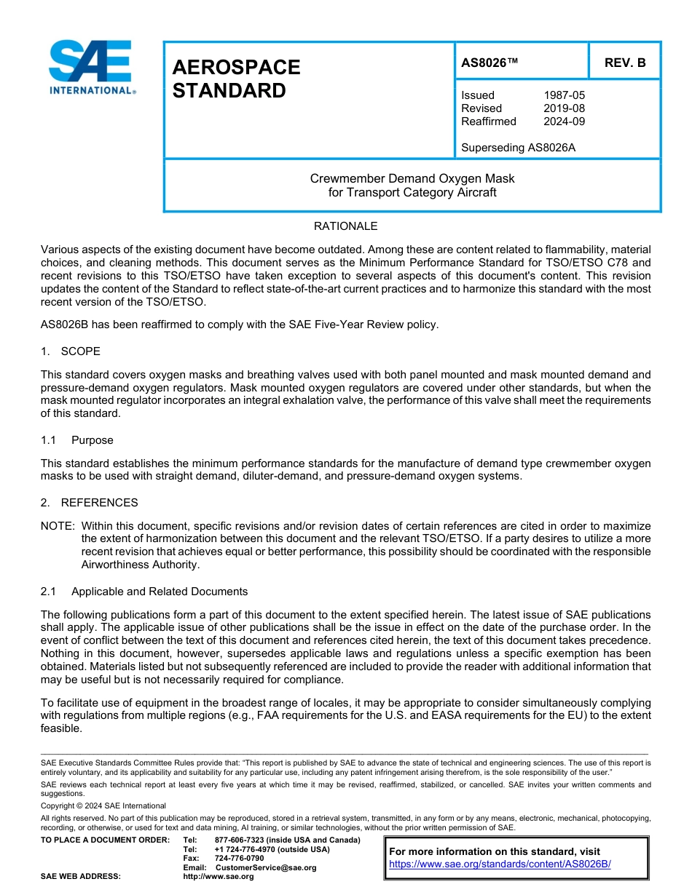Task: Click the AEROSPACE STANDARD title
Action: tap(236, 79)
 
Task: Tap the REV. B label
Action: tap(624, 63)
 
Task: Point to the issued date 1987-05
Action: tap(564, 95)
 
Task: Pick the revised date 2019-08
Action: tap(564, 108)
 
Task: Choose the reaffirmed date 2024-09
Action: tap(564, 122)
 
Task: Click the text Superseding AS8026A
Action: tap(518, 148)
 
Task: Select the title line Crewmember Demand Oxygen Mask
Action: tap(412, 178)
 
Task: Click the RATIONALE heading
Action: tap(345, 226)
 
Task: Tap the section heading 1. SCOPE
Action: tap(71, 351)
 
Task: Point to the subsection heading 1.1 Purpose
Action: tap(77, 440)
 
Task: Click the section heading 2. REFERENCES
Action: tap(89, 503)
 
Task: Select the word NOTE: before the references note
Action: tap(58, 526)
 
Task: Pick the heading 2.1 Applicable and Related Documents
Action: tap(144, 592)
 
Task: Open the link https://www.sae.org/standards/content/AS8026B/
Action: tap(500, 864)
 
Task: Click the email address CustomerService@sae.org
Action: tap(266, 867)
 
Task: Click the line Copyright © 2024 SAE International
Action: tap(103, 805)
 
